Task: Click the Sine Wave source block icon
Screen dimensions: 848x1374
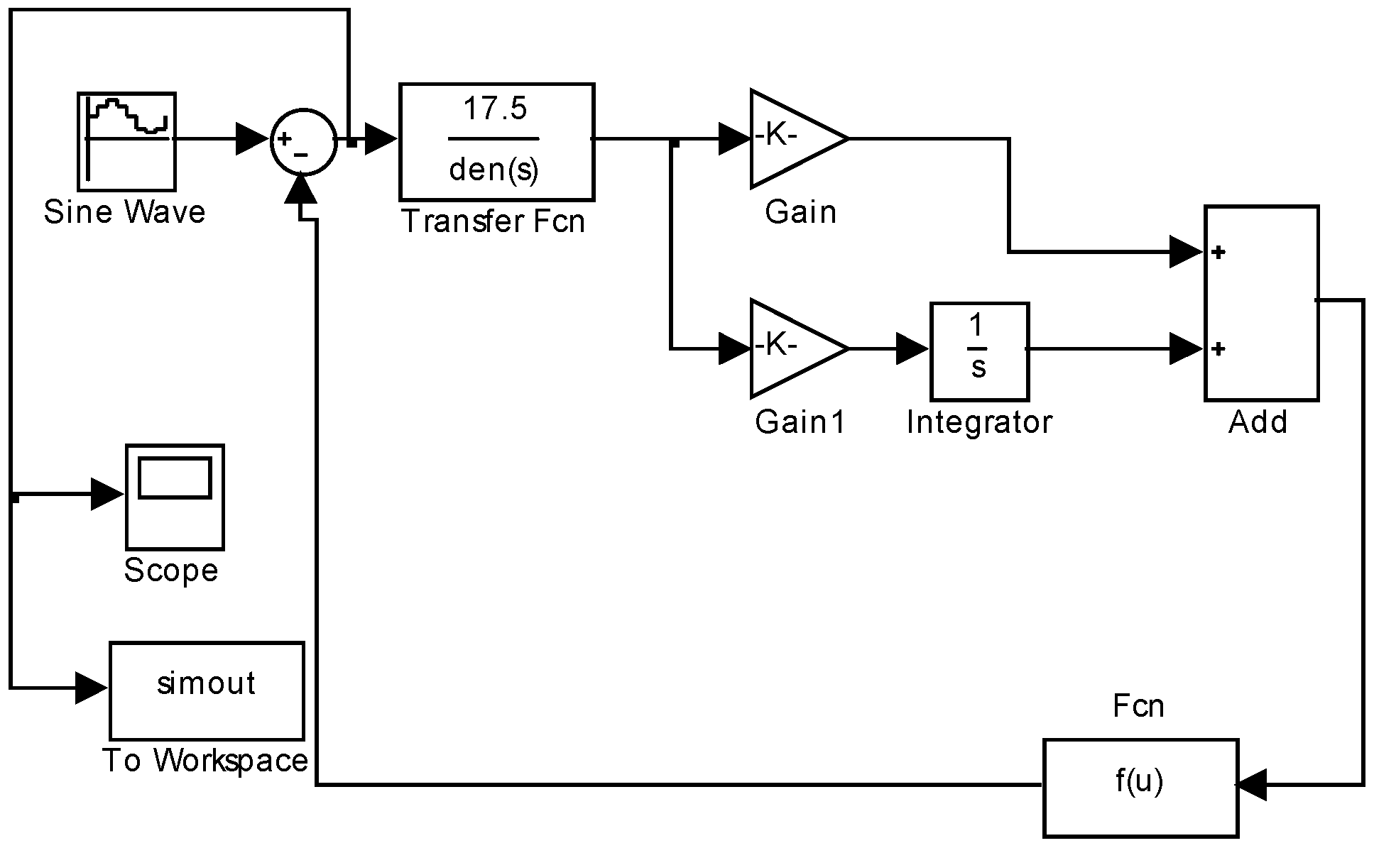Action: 126,141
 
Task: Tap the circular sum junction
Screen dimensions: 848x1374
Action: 304,141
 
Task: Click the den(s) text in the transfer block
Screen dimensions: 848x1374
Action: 494,170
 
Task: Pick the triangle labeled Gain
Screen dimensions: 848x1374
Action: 792,139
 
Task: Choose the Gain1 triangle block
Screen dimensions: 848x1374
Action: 792,348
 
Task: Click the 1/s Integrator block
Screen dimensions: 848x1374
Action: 979,351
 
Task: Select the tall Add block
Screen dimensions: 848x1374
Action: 1261,304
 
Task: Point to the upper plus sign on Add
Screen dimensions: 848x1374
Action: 1218,253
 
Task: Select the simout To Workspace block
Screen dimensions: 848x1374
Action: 206,690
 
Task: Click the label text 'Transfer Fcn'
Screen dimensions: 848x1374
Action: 494,221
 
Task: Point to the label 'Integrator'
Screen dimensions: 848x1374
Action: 979,422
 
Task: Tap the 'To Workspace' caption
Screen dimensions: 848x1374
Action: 205,761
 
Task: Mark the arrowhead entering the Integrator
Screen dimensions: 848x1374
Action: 912,349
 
